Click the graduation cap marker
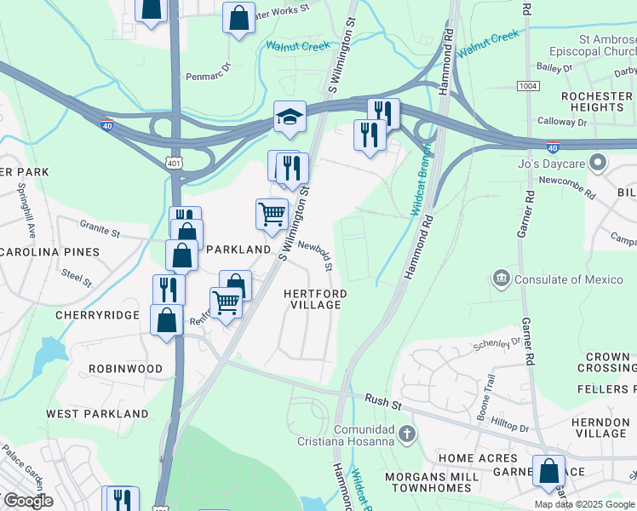coord(290,118)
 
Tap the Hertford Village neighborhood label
coord(315,299)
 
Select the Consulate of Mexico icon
coord(500,278)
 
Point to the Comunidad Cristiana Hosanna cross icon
coord(407,435)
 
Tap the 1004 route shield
coord(528,86)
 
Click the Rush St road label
coord(376,399)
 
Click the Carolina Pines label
coord(49,252)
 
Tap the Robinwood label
coord(124,369)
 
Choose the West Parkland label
coord(97,413)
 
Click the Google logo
coord(27,501)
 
